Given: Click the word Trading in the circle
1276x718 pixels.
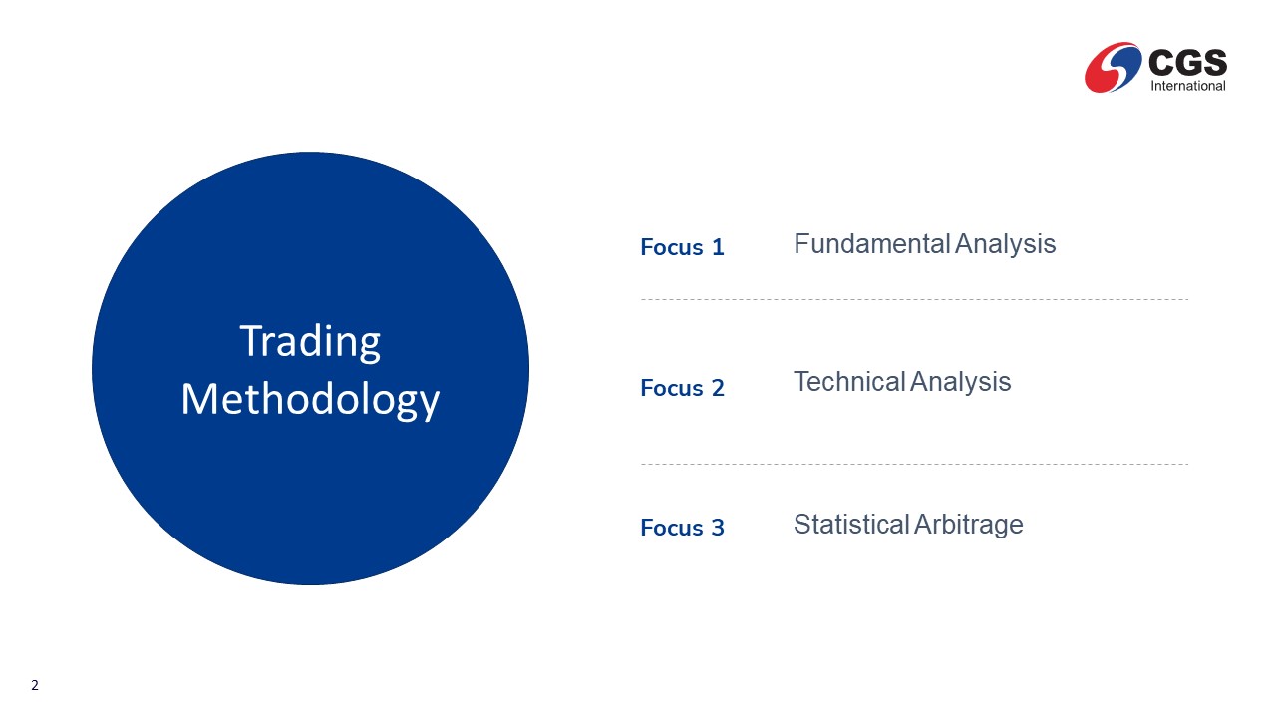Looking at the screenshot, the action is point(310,342).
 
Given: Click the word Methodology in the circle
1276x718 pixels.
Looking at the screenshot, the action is point(310,400).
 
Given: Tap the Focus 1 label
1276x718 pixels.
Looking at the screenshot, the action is point(682,248).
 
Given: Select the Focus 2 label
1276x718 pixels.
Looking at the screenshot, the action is point(682,388).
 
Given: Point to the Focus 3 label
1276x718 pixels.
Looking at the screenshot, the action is point(682,528).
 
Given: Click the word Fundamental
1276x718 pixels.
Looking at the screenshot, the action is point(871,244).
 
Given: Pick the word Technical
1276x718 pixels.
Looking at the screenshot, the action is point(849,381).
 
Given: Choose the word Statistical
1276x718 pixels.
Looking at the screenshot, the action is point(851,524).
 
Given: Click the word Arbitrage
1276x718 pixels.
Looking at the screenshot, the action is point(968,525).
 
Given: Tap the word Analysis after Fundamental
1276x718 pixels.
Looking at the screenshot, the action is point(1006,245).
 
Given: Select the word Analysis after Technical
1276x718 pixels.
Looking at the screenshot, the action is point(960,382).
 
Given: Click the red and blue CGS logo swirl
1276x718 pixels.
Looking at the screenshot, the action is point(1114,67).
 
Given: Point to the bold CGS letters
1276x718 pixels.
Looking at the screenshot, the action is point(1187,62).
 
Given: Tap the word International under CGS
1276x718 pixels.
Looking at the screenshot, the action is point(1188,86).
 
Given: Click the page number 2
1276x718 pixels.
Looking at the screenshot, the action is point(35,685).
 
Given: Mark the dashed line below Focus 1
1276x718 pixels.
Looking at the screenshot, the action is point(914,299).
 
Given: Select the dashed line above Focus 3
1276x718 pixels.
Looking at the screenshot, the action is point(914,464).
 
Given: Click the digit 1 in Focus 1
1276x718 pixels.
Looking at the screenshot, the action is point(719,248).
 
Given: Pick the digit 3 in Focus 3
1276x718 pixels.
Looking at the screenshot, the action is point(718,528).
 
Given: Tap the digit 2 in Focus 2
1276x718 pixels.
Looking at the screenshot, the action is point(718,388).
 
